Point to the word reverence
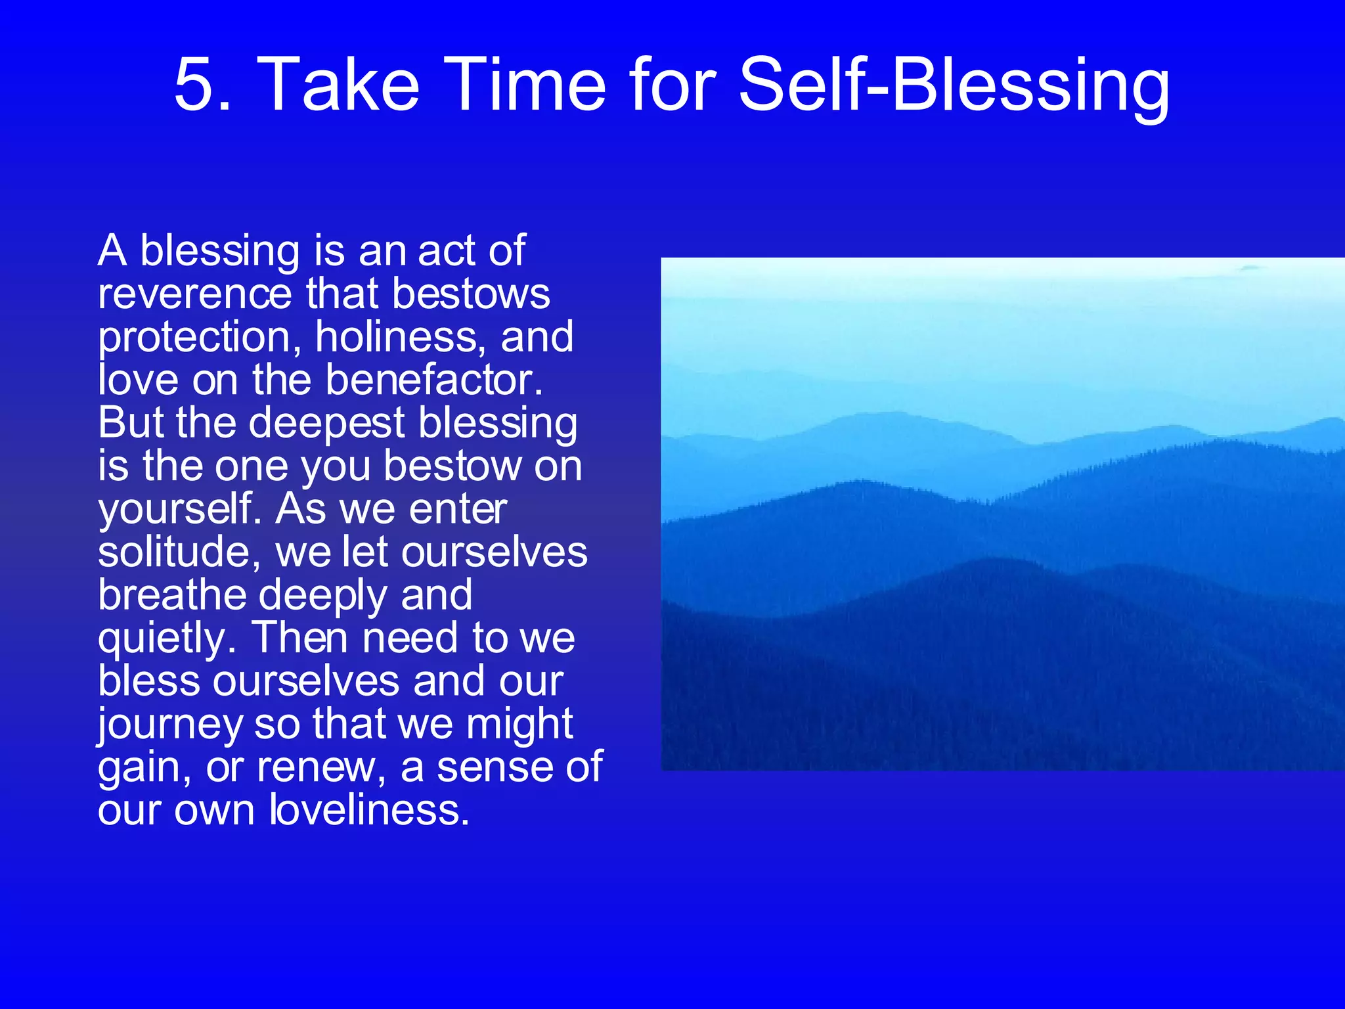pyautogui.click(x=194, y=294)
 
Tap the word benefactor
pyautogui.click(x=433, y=380)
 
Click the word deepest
pyautogui.click(x=326, y=424)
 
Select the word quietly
pyautogui.click(x=166, y=639)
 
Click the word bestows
pyautogui.click(x=471, y=294)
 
